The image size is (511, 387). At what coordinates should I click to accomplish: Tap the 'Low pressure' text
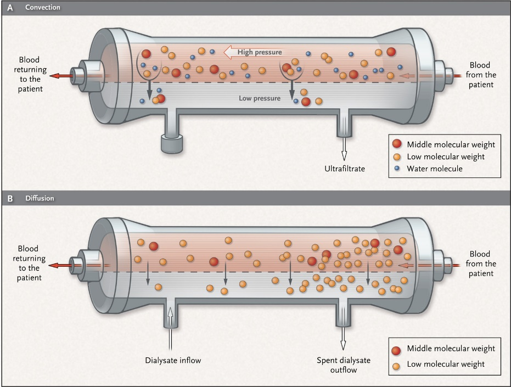coord(260,99)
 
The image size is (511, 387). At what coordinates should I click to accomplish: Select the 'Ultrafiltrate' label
coord(344,168)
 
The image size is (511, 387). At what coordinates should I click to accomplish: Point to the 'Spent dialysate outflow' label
coord(344,365)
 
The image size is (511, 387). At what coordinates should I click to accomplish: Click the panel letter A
coord(10,8)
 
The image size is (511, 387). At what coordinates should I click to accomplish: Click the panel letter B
coord(10,198)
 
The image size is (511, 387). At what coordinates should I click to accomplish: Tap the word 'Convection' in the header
coord(43,8)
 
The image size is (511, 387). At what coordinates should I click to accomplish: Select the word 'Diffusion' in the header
coord(40,198)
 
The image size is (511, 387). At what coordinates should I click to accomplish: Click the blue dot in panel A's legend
coord(397,169)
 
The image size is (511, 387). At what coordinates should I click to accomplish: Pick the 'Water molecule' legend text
coord(434,169)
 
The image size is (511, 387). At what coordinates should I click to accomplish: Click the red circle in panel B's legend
coord(397,350)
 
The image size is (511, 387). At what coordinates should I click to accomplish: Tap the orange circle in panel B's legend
coord(397,364)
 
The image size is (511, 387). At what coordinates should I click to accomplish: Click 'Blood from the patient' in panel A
coord(479,75)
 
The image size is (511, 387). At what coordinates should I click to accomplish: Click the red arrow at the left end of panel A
coord(55,76)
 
